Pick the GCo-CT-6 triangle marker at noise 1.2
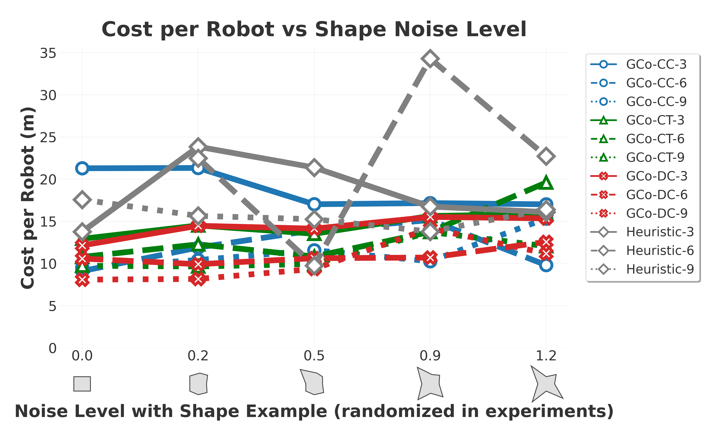546,183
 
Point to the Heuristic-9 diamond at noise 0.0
82,200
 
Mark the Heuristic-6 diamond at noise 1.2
546,156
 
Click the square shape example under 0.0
82,384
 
